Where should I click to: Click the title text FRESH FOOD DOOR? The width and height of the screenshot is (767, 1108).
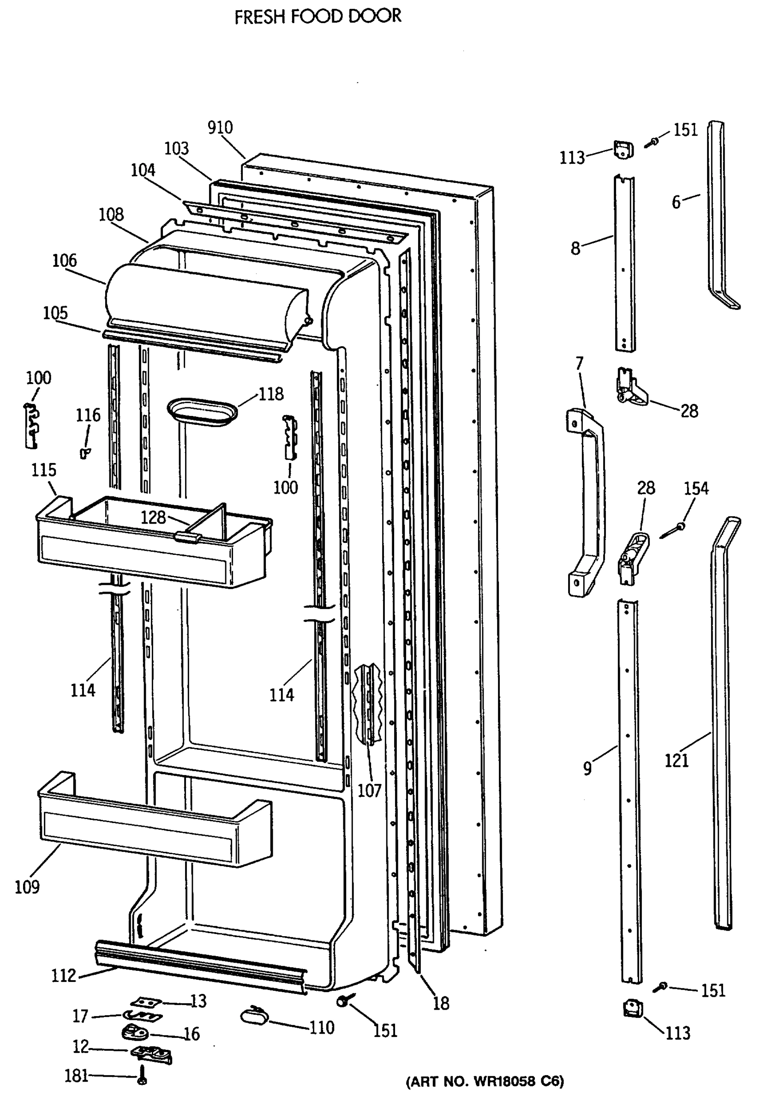pyautogui.click(x=318, y=16)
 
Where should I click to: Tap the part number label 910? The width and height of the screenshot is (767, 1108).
pyautogui.click(x=220, y=127)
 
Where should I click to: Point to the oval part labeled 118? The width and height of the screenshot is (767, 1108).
pyautogui.click(x=202, y=412)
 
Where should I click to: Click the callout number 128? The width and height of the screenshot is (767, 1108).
pyautogui.click(x=153, y=517)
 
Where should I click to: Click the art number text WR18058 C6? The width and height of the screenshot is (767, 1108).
pyautogui.click(x=485, y=1082)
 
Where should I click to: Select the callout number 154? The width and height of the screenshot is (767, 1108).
pyautogui.click(x=696, y=489)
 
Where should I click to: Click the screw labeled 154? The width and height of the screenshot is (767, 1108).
pyautogui.click(x=673, y=531)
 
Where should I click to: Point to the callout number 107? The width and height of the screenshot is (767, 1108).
pyautogui.click(x=370, y=790)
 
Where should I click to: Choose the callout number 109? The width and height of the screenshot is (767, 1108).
pyautogui.click(x=27, y=887)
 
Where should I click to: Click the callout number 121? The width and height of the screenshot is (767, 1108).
pyautogui.click(x=677, y=760)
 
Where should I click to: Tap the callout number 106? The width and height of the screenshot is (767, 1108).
pyautogui.click(x=65, y=260)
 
